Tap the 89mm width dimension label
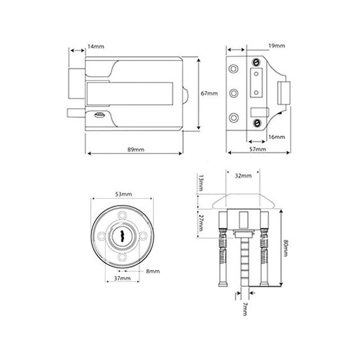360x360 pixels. click(x=136, y=150)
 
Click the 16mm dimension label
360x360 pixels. click(x=276, y=137)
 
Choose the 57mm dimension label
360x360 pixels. click(x=257, y=150)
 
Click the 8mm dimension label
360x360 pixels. click(x=153, y=271)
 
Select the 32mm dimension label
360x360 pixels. click(x=243, y=175)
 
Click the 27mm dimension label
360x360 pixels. click(x=201, y=223)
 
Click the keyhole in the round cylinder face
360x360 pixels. click(x=122, y=237)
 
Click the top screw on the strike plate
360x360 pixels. click(x=256, y=62)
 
